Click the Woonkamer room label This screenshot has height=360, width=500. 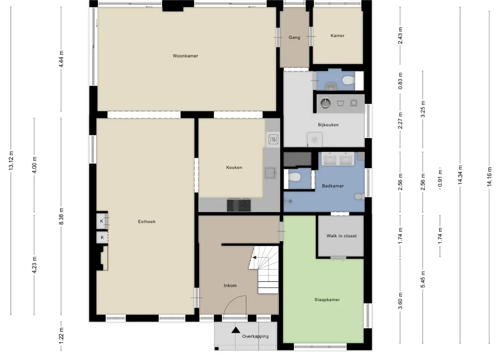click(185, 56)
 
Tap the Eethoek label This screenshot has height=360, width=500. click(147, 221)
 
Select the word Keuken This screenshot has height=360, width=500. click(234, 167)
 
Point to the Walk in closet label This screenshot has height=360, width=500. click(341, 236)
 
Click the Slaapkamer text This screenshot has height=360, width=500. click(327, 299)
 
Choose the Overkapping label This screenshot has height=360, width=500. click(255, 336)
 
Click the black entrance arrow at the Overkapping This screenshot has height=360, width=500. click(236, 330)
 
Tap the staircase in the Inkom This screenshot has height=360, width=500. click(264, 270)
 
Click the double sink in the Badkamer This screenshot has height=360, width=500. click(338, 159)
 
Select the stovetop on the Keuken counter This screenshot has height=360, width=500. click(239, 205)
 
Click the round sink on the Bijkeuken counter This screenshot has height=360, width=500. click(326, 103)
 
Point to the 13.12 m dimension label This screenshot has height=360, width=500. click(11, 161)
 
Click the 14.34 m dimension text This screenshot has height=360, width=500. click(460, 175)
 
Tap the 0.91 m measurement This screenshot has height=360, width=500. click(440, 178)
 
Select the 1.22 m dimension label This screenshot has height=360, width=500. click(61, 336)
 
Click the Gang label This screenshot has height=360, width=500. click(294, 37)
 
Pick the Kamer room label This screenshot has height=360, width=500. click(338, 36)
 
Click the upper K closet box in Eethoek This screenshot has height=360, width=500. click(102, 221)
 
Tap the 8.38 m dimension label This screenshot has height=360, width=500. click(61, 216)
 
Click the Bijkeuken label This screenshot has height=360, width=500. click(328, 124)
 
